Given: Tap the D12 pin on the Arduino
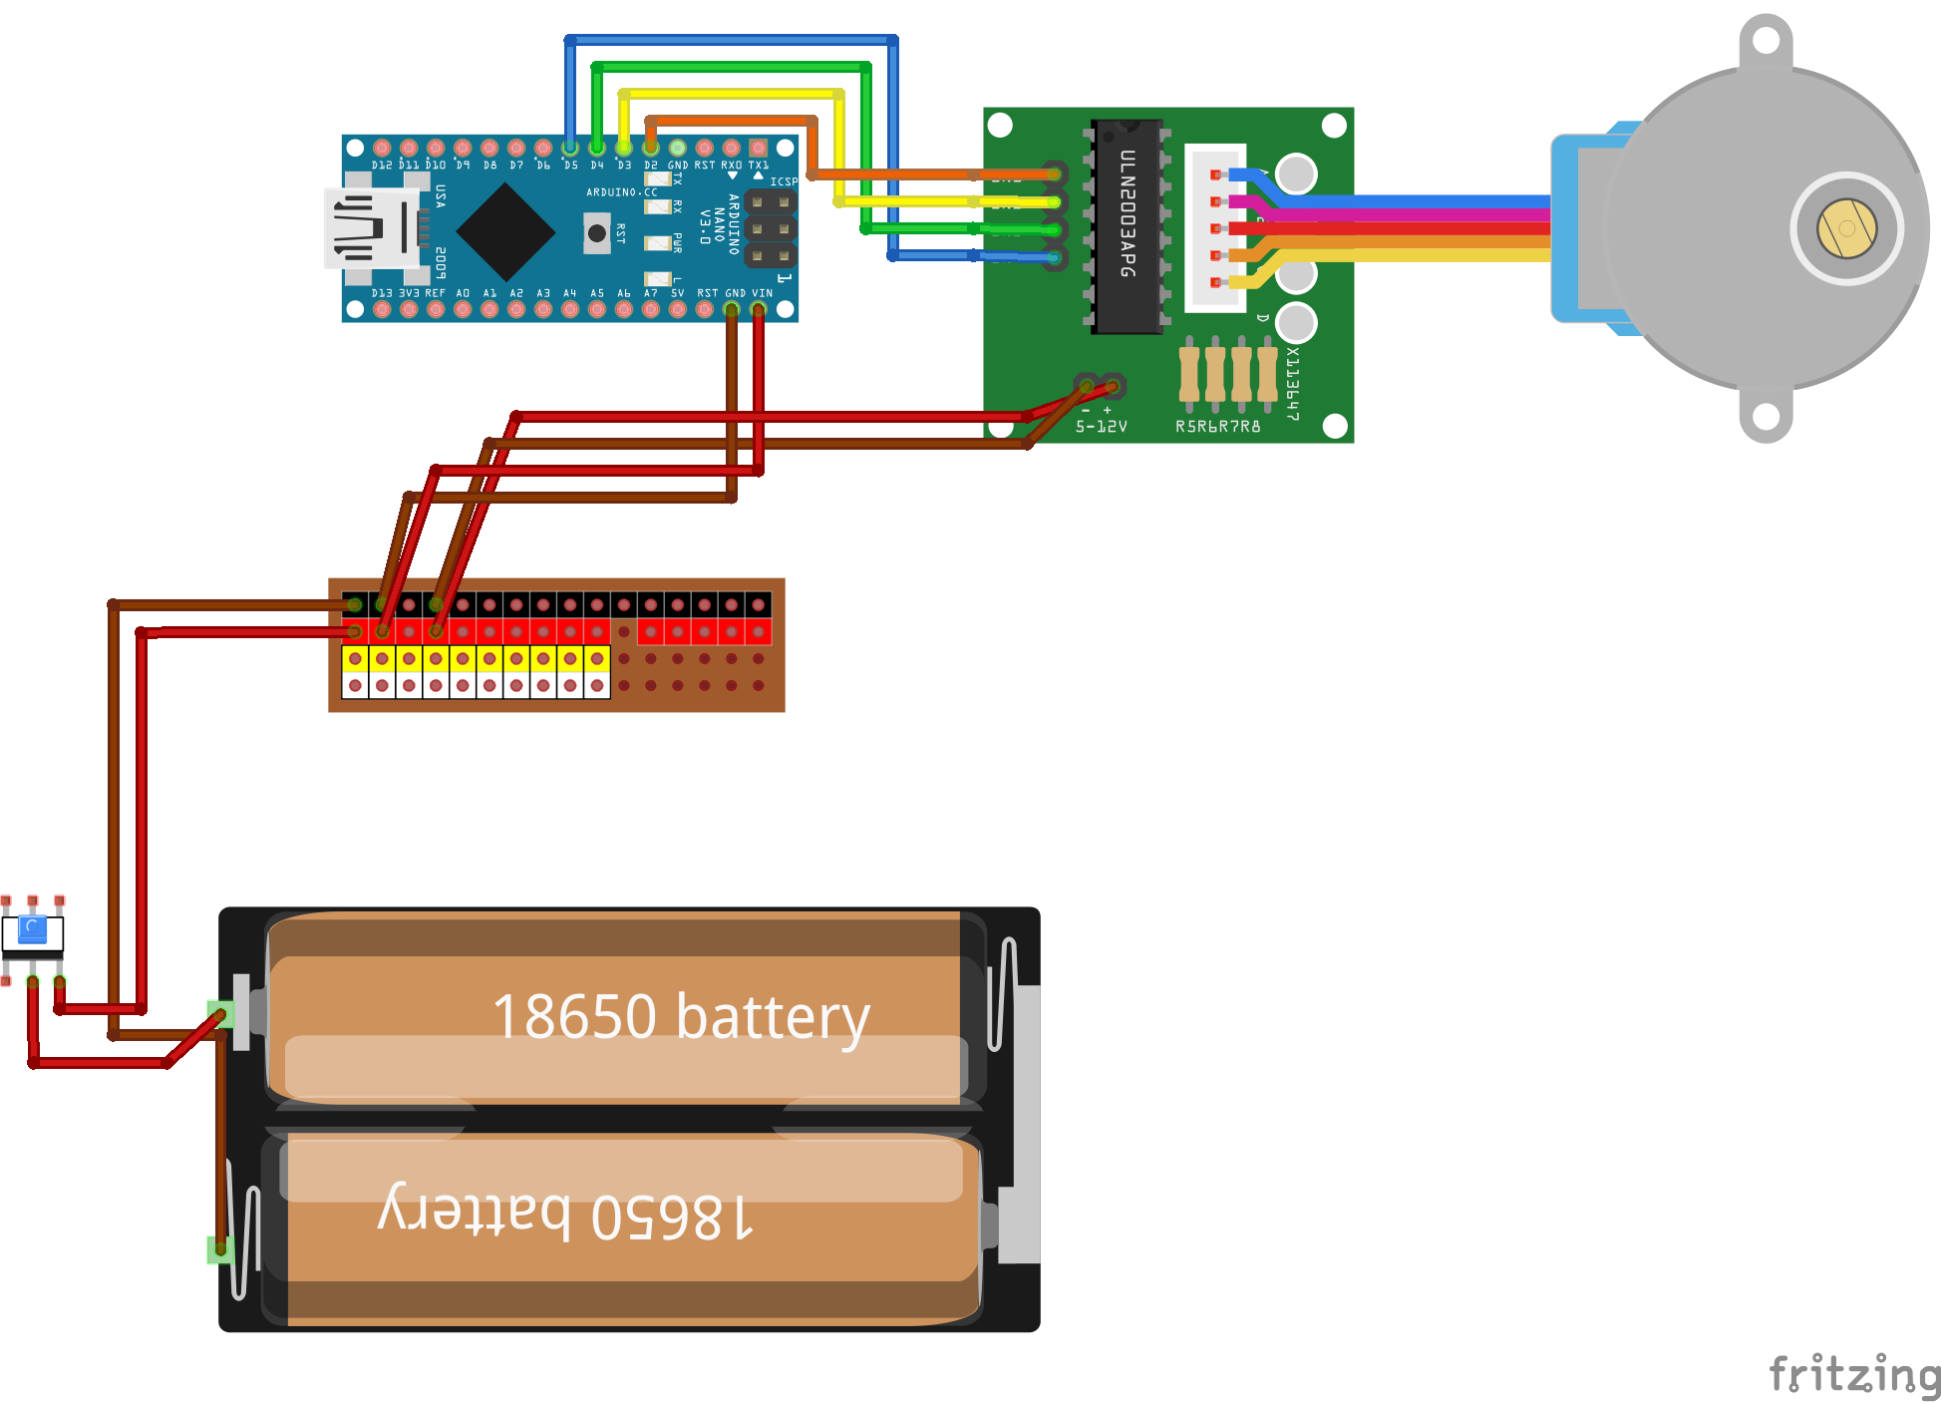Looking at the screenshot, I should pyautogui.click(x=382, y=149).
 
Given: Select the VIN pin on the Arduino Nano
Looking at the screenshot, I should pyautogui.click(x=759, y=309).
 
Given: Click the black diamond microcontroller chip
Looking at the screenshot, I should pyautogui.click(x=506, y=232).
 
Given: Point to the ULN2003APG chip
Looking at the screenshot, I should pyautogui.click(x=1128, y=226).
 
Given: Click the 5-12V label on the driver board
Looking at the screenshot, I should pyautogui.click(x=1102, y=427).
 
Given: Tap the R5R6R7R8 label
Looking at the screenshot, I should pyautogui.click(x=1217, y=427).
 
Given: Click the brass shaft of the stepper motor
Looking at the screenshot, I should pyautogui.click(x=1846, y=228).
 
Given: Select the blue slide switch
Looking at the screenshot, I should pyautogui.click(x=33, y=931).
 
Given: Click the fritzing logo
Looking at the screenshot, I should pyautogui.click(x=1854, y=1375).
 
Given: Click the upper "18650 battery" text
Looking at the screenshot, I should pyautogui.click(x=681, y=1017).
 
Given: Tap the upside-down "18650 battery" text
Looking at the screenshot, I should pyautogui.click(x=565, y=1214).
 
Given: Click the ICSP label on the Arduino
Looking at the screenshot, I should pyautogui.click(x=783, y=181).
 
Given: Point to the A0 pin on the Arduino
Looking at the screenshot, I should pyautogui.click(x=463, y=309).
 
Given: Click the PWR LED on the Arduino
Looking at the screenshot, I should pyautogui.click(x=657, y=242).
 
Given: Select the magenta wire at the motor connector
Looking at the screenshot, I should pyautogui.click(x=1396, y=214).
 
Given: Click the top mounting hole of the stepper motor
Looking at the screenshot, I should pyautogui.click(x=1766, y=41).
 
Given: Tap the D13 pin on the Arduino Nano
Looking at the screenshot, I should pyautogui.click(x=382, y=309).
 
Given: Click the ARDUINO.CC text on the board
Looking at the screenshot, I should pyautogui.click(x=621, y=192).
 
